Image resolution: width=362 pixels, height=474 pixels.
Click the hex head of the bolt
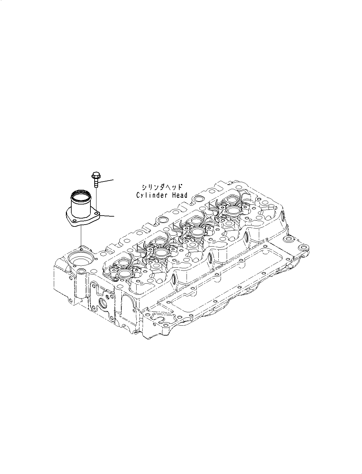[95, 175]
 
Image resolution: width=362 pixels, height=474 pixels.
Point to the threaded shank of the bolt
[96, 184]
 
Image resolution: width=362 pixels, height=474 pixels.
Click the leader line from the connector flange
[108, 216]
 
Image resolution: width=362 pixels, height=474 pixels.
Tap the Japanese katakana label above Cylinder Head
[162, 187]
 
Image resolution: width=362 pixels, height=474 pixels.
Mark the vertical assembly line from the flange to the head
[81, 236]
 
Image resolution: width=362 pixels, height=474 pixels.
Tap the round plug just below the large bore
[82, 271]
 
